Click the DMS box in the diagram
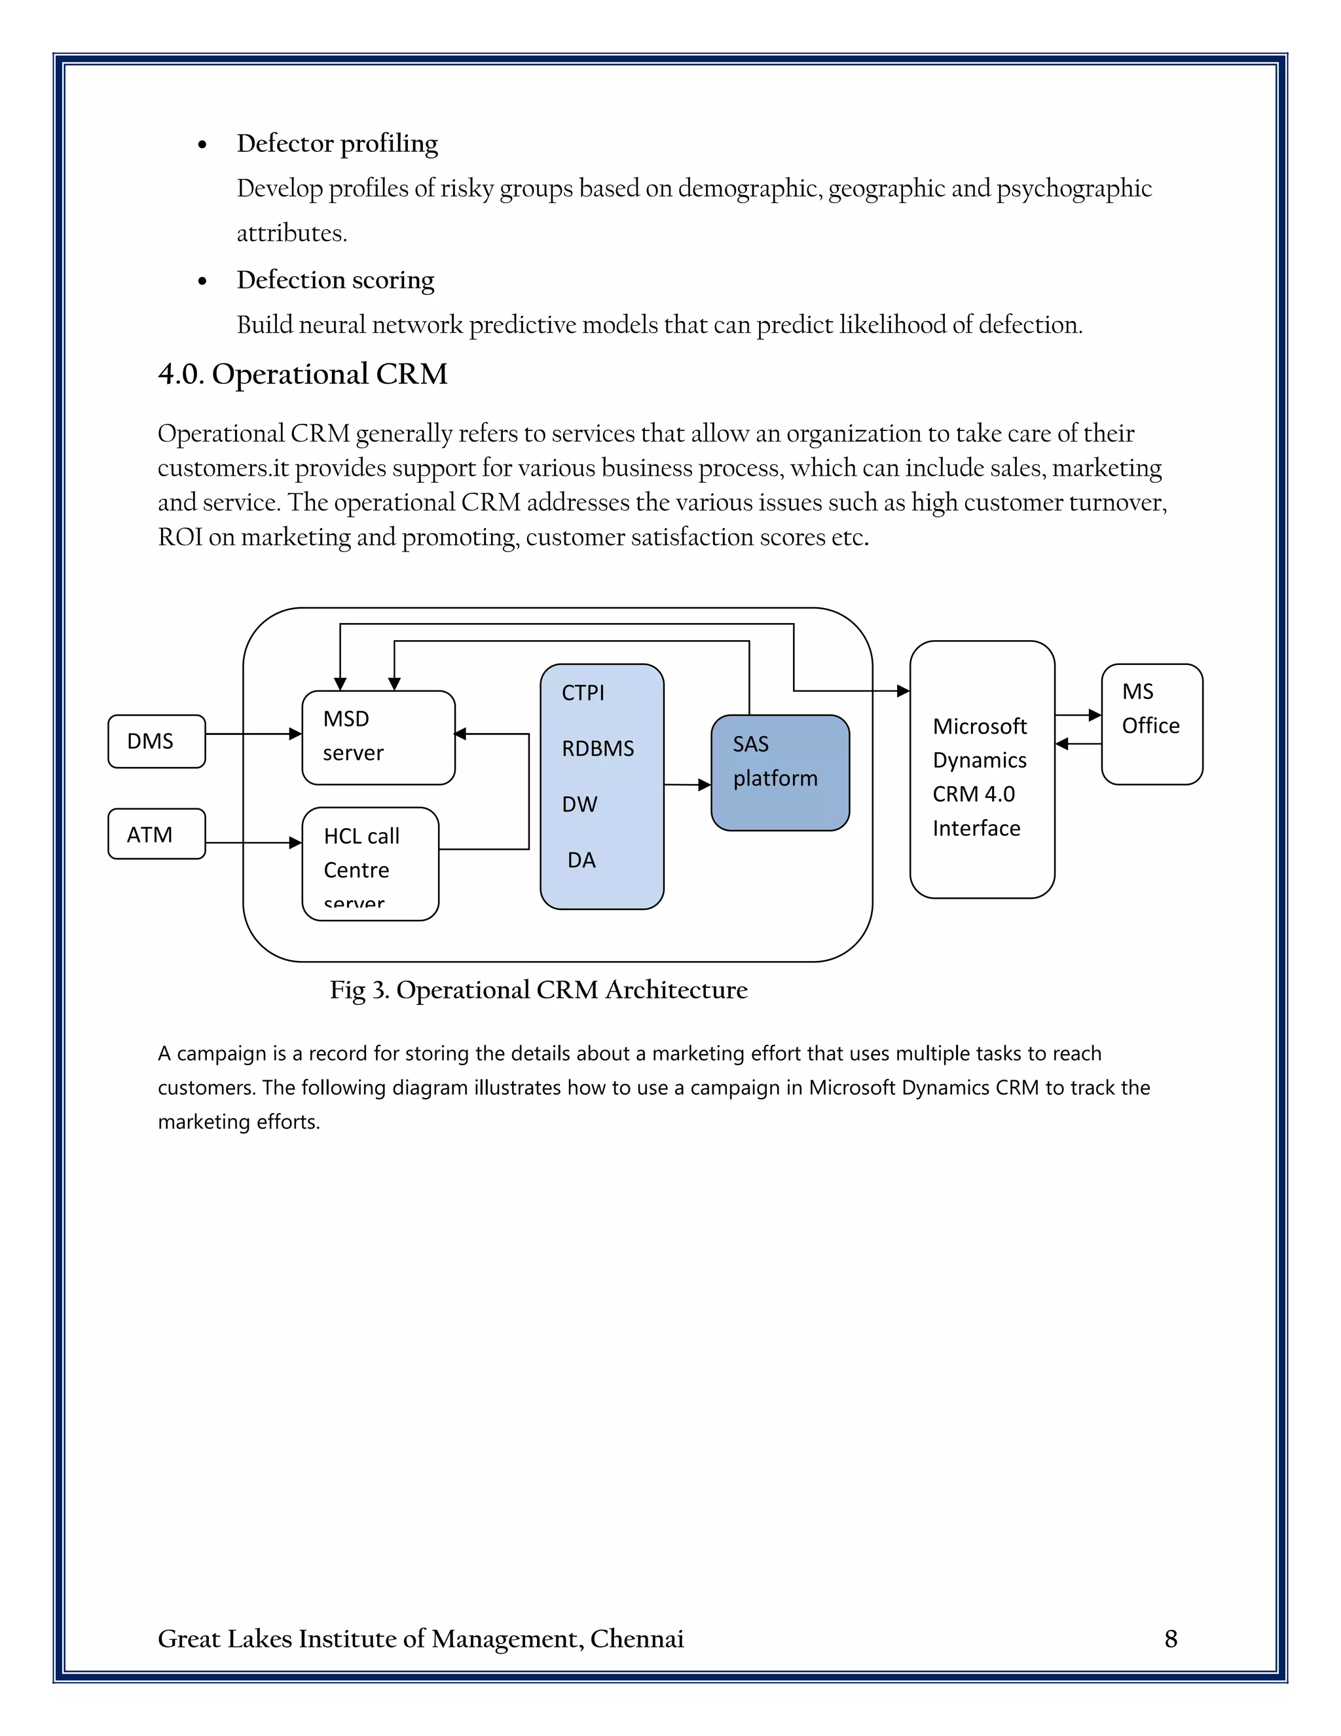pos(156,741)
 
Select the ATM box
pos(156,834)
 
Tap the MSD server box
pos(378,737)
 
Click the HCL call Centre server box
pos(370,864)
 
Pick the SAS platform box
pos(779,772)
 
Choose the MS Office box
pos(1151,723)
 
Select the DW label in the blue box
pos(579,804)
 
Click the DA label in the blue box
pos(581,860)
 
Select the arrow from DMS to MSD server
pos(253,734)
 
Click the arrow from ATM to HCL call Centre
pos(253,842)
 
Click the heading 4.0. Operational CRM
pos(302,373)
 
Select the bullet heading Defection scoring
pos(335,280)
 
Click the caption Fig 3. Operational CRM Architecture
pos(539,990)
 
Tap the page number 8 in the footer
pos(1170,1638)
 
